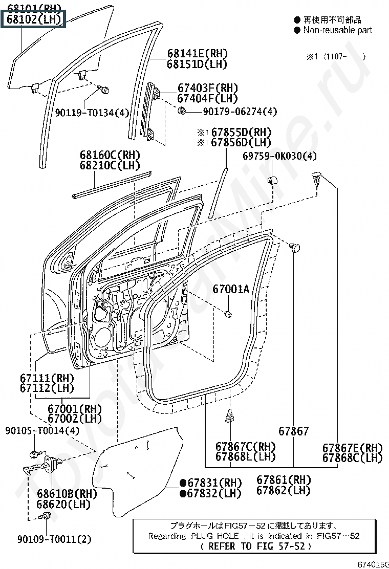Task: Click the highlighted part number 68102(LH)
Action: pos(34,19)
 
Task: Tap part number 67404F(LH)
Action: pos(208,98)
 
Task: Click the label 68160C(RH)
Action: pos(110,155)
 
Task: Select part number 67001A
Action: pos(231,290)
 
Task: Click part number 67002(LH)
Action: pos(75,419)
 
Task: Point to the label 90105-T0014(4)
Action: pos(42,431)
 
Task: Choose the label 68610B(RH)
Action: pos(67,494)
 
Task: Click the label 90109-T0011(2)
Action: pos(54,539)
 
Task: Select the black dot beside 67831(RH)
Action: pos(182,483)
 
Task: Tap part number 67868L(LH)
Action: pos(245,456)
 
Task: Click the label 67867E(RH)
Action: pos(352,447)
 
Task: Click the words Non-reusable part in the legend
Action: pos(338,30)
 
